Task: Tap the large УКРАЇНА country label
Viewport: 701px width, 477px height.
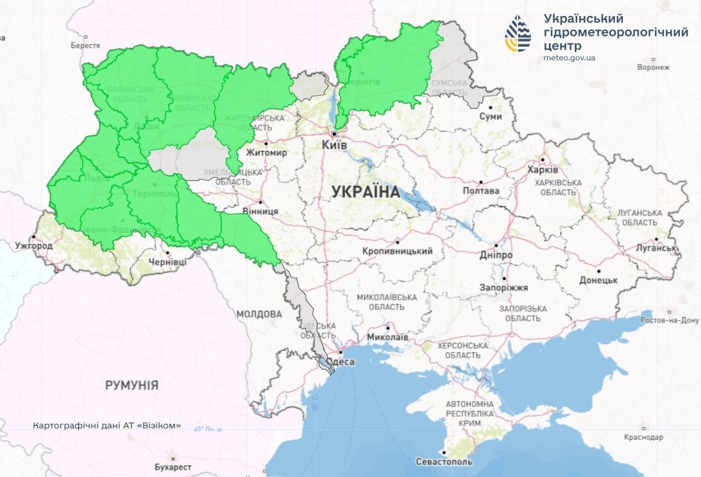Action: point(366,191)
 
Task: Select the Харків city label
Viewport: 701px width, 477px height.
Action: point(543,170)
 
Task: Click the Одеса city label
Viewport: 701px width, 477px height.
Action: point(341,362)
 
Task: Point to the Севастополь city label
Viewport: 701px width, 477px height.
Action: point(444,462)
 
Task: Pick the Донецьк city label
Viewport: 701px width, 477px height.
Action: point(598,281)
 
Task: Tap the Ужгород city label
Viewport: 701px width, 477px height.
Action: point(34,246)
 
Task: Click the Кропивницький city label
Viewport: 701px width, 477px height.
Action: point(397,251)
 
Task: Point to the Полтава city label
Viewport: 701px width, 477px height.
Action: point(481,191)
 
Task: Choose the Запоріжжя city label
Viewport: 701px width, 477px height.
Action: point(504,288)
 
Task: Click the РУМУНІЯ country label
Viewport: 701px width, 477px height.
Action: point(131,385)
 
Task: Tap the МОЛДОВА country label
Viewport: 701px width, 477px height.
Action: point(258,314)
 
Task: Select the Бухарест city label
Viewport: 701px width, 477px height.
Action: point(173,467)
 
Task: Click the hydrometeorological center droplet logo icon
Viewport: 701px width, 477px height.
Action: point(518,34)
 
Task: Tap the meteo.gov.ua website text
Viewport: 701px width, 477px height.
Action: point(569,58)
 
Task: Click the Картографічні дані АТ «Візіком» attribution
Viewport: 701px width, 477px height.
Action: point(106,426)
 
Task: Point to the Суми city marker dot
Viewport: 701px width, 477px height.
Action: point(491,108)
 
